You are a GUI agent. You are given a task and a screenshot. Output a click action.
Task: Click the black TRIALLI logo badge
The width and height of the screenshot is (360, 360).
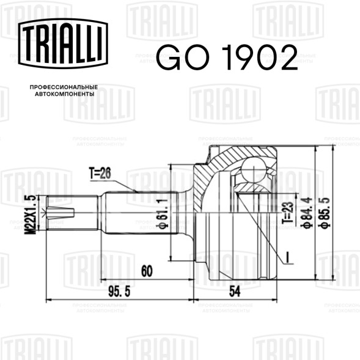coord(63,43)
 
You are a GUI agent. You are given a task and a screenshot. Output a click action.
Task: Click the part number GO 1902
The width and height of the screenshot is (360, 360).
coord(227,57)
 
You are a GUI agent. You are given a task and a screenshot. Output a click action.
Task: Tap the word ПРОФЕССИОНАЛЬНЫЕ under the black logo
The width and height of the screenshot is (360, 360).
coord(64,87)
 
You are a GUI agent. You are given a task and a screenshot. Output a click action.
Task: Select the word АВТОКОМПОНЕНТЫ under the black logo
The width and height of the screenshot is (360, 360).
coord(65,94)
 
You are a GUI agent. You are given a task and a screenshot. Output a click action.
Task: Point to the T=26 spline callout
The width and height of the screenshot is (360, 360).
coord(100,173)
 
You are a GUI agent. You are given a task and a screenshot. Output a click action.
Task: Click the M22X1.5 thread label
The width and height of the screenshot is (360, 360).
coord(31,215)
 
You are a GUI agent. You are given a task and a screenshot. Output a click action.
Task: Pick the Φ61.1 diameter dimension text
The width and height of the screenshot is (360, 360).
coord(163,213)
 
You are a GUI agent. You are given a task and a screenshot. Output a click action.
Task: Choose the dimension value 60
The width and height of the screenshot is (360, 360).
coord(147,271)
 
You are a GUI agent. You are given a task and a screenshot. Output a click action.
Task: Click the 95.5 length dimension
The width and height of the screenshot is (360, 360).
coord(119,292)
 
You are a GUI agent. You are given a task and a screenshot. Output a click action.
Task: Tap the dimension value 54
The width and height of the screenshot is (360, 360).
coord(235,292)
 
